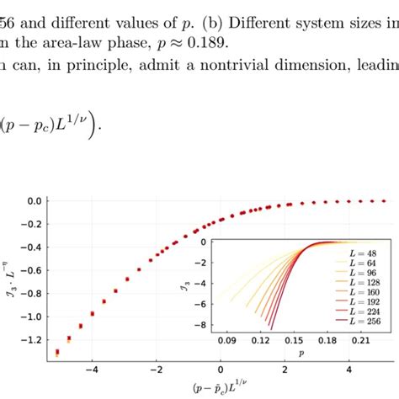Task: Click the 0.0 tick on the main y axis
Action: [34, 201]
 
